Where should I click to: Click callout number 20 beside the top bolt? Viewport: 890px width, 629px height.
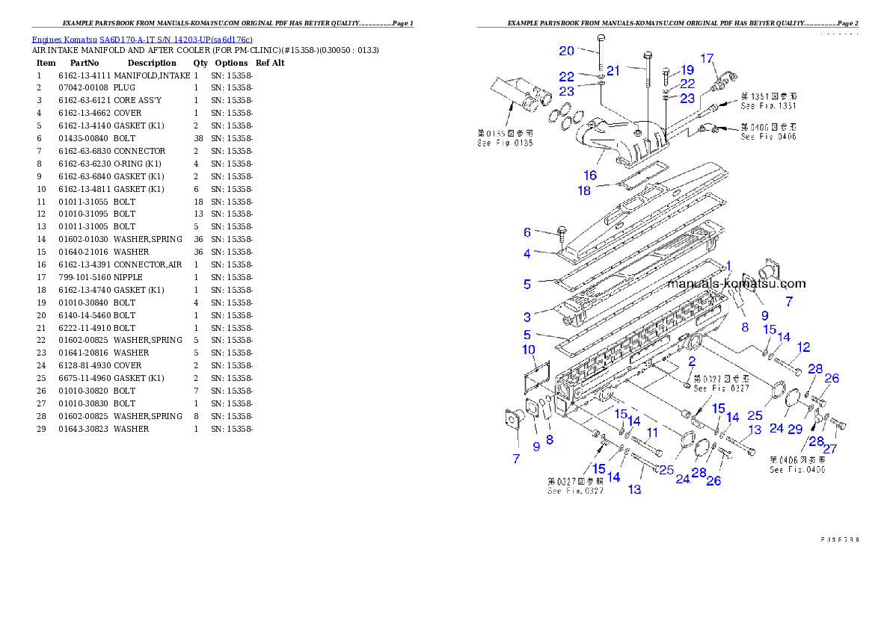[x=566, y=51]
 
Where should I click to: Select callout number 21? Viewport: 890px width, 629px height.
[x=613, y=70]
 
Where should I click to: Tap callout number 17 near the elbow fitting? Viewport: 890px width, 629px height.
[x=707, y=58]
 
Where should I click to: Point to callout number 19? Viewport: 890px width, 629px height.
[x=687, y=69]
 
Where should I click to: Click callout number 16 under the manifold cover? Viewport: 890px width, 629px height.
[x=590, y=175]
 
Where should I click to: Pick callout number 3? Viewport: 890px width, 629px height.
[x=527, y=317]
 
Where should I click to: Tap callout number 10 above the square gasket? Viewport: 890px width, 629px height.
[x=528, y=350]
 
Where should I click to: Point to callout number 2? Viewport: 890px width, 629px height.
[x=692, y=361]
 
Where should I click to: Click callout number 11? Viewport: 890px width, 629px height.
[x=652, y=432]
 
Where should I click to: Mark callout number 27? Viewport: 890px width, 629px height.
[x=830, y=449]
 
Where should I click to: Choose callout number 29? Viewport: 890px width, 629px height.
[x=795, y=428]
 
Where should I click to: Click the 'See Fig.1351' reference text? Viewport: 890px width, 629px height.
[x=768, y=105]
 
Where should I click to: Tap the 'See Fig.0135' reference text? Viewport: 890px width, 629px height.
[x=505, y=143]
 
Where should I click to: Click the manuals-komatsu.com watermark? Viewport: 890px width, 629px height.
[x=737, y=283]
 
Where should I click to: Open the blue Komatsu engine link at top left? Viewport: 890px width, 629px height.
[x=142, y=39]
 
